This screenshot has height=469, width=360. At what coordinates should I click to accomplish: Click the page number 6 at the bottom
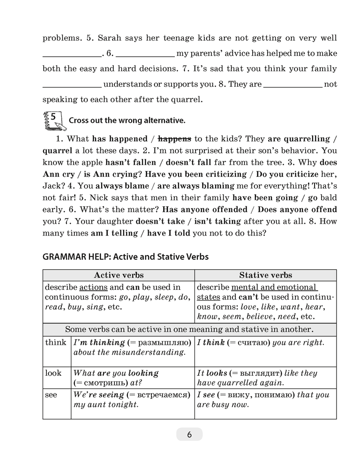[189, 434]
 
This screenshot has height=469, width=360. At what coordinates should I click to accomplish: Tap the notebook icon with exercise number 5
[52, 121]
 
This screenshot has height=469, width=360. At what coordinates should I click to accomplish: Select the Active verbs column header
[119, 275]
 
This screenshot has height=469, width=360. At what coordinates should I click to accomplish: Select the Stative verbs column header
[265, 275]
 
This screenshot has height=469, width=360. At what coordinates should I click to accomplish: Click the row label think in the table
[56, 342]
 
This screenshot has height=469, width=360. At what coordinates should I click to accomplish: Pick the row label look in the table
[53, 373]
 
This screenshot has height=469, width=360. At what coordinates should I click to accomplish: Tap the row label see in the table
[51, 394]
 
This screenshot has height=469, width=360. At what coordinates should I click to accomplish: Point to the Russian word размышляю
[162, 342]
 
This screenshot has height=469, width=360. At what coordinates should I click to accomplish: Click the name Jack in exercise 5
[52, 186]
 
